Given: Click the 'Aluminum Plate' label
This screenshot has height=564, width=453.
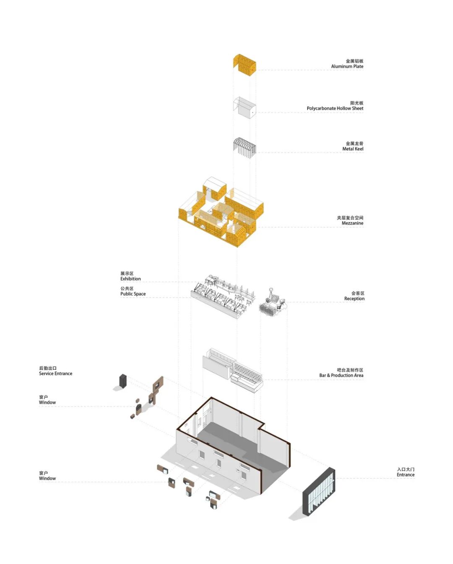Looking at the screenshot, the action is point(347,66).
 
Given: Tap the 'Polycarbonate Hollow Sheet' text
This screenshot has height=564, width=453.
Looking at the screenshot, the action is point(335,108).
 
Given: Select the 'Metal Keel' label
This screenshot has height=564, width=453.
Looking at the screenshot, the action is point(353,149).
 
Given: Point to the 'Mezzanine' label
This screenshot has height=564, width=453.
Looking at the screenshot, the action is point(352,223).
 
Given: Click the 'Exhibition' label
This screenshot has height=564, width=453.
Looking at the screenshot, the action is point(130,278).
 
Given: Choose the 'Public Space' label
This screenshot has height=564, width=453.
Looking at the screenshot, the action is point(133,294).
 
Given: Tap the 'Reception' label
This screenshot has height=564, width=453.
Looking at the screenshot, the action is point(354,299).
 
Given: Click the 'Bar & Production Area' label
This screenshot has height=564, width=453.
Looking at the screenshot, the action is point(341,375).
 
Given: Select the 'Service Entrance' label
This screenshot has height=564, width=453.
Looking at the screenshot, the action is point(55,373).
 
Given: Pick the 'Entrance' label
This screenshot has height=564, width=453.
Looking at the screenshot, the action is point(406,475).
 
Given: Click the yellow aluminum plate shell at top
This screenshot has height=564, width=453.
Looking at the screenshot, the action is point(245,64).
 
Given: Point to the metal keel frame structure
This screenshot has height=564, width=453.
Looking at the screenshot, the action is point(245,147).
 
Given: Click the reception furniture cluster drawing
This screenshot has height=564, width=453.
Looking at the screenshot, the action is point(272,301).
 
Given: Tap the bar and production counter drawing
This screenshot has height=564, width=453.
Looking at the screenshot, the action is point(233,370).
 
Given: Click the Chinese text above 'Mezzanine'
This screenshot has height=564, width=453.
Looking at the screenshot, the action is point(350,218).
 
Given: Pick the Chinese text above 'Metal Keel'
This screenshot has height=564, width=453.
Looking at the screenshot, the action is point(354,143).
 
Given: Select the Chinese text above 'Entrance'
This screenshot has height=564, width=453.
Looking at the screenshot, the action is point(406,469).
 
